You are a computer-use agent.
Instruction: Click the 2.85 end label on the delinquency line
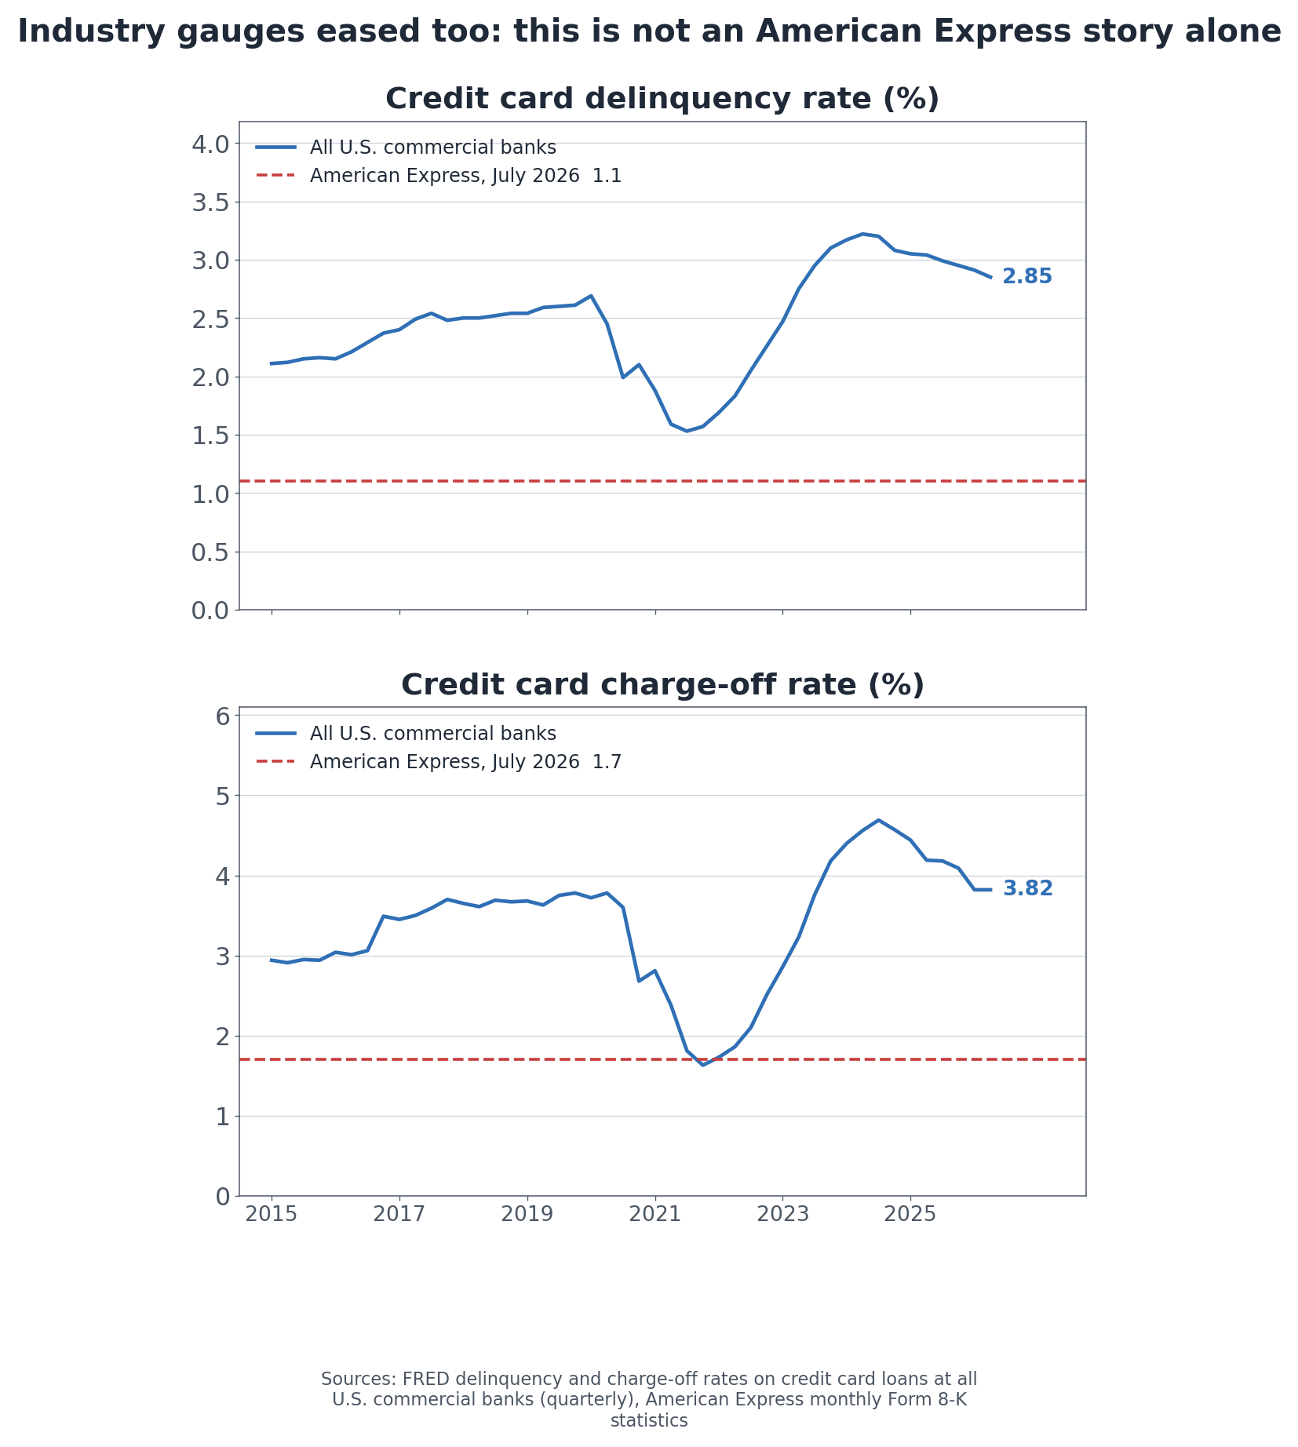pyautogui.click(x=1027, y=277)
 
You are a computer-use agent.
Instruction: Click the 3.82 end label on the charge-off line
pyautogui.click(x=1028, y=889)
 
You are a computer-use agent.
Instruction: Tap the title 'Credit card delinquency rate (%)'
pyautogui.click(x=662, y=100)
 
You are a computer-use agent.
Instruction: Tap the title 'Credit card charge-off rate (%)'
pyautogui.click(x=662, y=686)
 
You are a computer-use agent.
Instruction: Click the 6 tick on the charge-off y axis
pyautogui.click(x=222, y=716)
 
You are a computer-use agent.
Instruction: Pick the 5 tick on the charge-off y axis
pyautogui.click(x=222, y=796)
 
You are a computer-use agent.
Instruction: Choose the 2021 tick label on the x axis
pyautogui.click(x=654, y=1216)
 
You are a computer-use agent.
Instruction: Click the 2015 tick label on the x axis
pyautogui.click(x=272, y=1216)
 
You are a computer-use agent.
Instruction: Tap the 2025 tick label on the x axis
pyautogui.click(x=910, y=1216)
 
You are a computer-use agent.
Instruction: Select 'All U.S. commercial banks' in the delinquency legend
pyautogui.click(x=432, y=148)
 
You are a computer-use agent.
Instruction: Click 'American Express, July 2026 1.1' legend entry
pyautogui.click(x=465, y=176)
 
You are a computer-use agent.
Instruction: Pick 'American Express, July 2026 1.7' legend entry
pyautogui.click(x=465, y=762)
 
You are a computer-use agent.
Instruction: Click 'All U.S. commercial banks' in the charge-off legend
pyautogui.click(x=432, y=734)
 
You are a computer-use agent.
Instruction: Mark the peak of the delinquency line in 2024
pyautogui.click(x=862, y=234)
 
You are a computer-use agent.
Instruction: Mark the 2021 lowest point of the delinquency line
pyautogui.click(x=687, y=431)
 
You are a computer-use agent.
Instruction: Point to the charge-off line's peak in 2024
pyautogui.click(x=878, y=820)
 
